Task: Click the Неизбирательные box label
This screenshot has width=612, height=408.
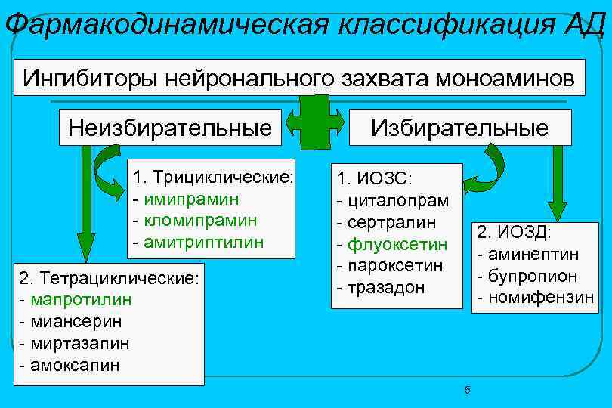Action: pos(170,126)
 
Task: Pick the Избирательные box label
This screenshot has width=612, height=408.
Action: pos(459,126)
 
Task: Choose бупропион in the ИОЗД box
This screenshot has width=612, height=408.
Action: pos(531,276)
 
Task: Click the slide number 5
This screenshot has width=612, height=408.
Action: pos(467,390)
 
